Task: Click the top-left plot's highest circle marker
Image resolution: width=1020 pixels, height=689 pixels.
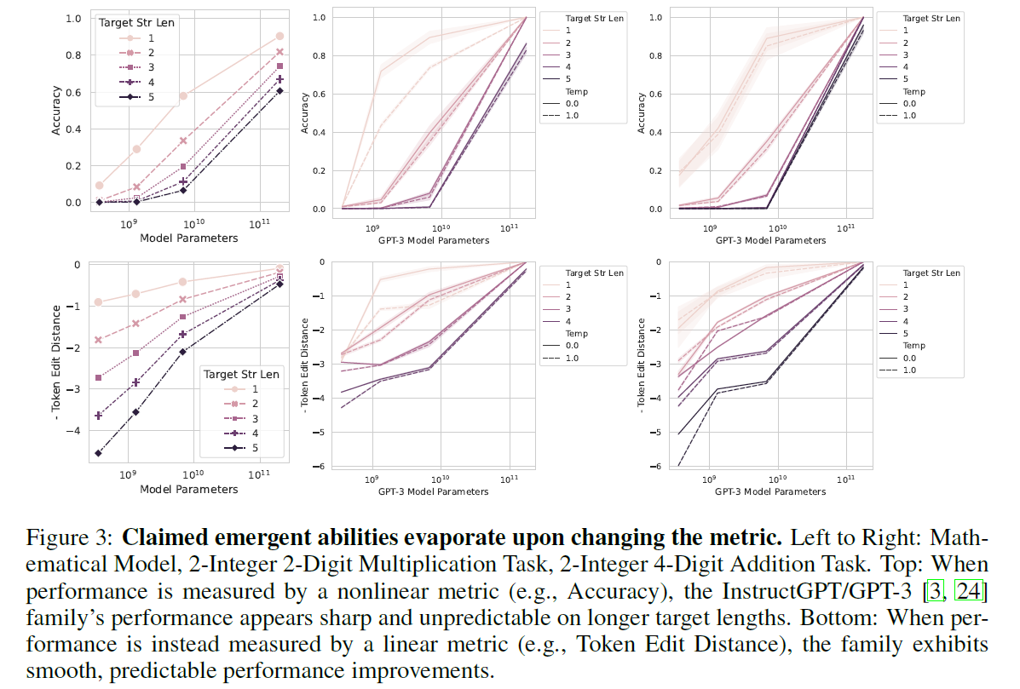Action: point(279,36)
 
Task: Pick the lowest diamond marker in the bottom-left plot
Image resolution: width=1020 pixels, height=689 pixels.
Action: point(99,453)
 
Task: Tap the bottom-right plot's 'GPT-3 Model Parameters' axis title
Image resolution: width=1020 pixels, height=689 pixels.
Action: point(770,492)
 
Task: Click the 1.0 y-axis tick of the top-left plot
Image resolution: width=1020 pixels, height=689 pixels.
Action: point(73,18)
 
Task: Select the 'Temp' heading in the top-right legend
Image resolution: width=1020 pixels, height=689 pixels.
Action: point(913,91)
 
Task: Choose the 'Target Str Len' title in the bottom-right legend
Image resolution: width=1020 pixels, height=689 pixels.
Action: point(931,273)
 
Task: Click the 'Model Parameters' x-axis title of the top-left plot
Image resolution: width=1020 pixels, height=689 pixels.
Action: point(188,238)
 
